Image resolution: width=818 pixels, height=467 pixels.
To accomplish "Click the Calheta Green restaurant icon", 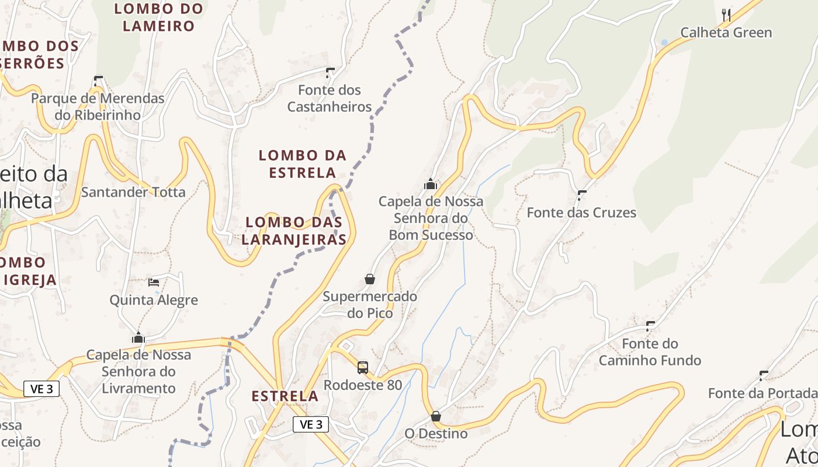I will pyautogui.click(x=726, y=15).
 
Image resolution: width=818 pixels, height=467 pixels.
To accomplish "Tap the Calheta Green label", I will pyautogui.click(x=726, y=33).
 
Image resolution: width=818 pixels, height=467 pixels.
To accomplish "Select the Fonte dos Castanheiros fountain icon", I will pyautogui.click(x=330, y=73).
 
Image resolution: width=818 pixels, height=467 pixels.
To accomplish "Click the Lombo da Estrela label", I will pyautogui.click(x=302, y=163).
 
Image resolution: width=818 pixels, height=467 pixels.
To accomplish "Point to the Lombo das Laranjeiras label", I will pyautogui.click(x=294, y=231).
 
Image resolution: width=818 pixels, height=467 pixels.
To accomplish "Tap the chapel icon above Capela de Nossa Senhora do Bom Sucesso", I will pyautogui.click(x=431, y=184).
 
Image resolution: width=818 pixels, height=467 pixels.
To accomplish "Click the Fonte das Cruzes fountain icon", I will pyautogui.click(x=581, y=195).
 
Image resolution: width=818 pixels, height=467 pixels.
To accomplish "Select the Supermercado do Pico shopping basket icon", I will pyautogui.click(x=370, y=279).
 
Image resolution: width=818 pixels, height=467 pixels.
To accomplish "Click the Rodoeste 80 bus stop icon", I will pyautogui.click(x=363, y=368).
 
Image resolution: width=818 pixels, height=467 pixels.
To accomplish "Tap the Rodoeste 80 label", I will pyautogui.click(x=363, y=385).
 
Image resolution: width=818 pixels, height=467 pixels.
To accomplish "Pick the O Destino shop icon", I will pyautogui.click(x=436, y=416).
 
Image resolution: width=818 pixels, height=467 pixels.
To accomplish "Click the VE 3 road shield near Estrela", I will pyautogui.click(x=310, y=424).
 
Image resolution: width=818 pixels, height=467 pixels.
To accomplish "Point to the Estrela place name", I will pyautogui.click(x=285, y=396).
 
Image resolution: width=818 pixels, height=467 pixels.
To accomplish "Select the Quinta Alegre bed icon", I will pyautogui.click(x=154, y=283).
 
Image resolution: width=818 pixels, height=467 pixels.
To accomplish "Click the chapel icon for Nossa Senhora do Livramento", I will pyautogui.click(x=138, y=337).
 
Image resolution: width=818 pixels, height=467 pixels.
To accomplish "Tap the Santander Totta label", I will pyautogui.click(x=133, y=192).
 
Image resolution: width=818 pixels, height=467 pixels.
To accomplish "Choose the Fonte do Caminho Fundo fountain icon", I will pyautogui.click(x=650, y=326).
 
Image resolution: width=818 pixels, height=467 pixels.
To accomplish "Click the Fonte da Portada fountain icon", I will pyautogui.click(x=763, y=375).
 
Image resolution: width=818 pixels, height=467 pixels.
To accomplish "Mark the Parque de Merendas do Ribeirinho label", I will pyautogui.click(x=98, y=106).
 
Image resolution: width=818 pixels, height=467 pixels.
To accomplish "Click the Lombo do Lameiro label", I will pyautogui.click(x=159, y=17).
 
